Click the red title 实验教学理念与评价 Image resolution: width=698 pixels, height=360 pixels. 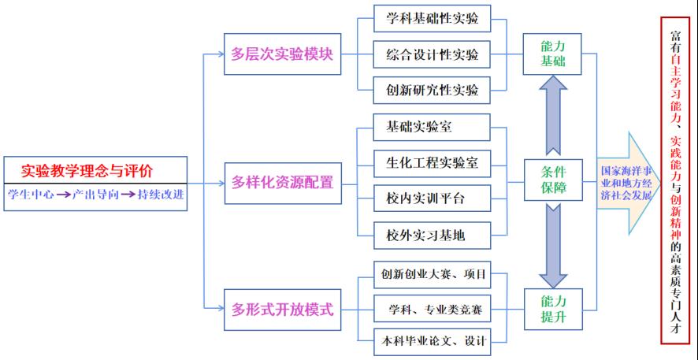[x=87, y=169]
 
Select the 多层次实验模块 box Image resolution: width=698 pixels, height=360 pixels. [x=282, y=55]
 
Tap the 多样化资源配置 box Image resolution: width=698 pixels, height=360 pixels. [x=282, y=183]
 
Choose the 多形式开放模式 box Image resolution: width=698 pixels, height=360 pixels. [x=282, y=309]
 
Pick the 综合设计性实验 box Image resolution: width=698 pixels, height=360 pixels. [x=433, y=55]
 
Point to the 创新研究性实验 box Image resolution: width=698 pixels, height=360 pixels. [x=433, y=90]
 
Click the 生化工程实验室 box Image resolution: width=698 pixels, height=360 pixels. [x=433, y=163]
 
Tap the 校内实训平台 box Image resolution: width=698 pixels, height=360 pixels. [x=433, y=199]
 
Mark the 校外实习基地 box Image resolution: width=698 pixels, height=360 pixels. [x=433, y=234]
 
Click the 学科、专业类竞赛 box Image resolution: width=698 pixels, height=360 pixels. [x=433, y=309]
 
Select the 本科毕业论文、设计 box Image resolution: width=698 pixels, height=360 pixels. [x=433, y=341]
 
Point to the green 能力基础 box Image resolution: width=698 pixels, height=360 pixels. [x=553, y=54]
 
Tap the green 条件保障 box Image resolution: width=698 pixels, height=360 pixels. [x=553, y=181]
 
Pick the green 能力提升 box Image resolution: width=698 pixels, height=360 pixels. [x=553, y=309]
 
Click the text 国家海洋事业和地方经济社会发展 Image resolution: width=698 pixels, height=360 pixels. [x=626, y=183]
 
